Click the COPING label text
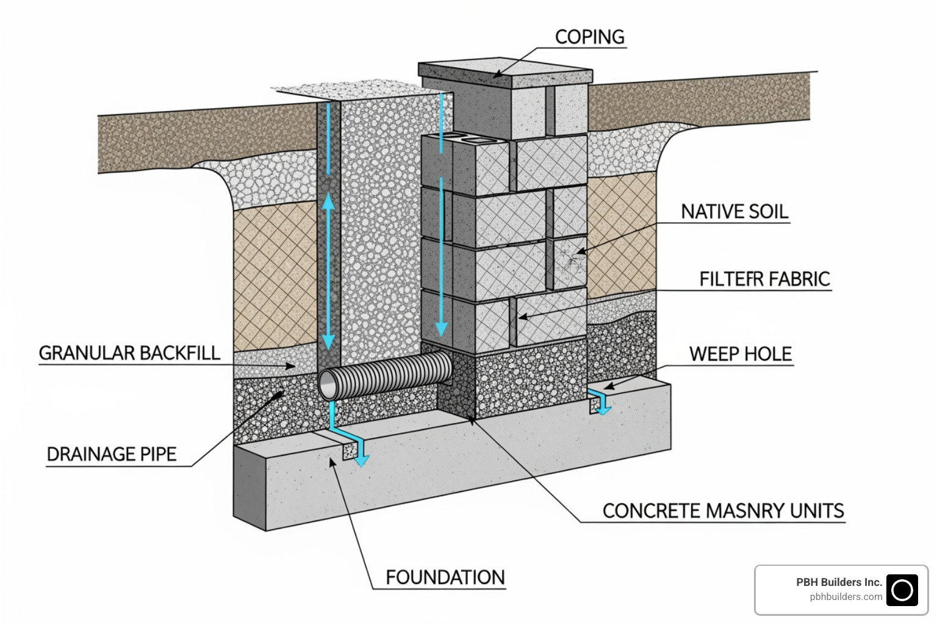(589, 37)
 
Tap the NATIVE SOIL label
(734, 212)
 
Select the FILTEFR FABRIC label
(764, 279)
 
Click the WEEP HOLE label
(740, 354)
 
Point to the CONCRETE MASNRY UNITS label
(723, 511)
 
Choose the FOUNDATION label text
(445, 577)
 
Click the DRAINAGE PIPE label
(112, 454)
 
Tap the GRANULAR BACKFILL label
(129, 353)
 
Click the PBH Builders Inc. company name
(839, 582)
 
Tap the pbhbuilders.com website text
(845, 597)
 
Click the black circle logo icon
(902, 590)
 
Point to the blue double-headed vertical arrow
(328, 272)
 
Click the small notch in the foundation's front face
(350, 452)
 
